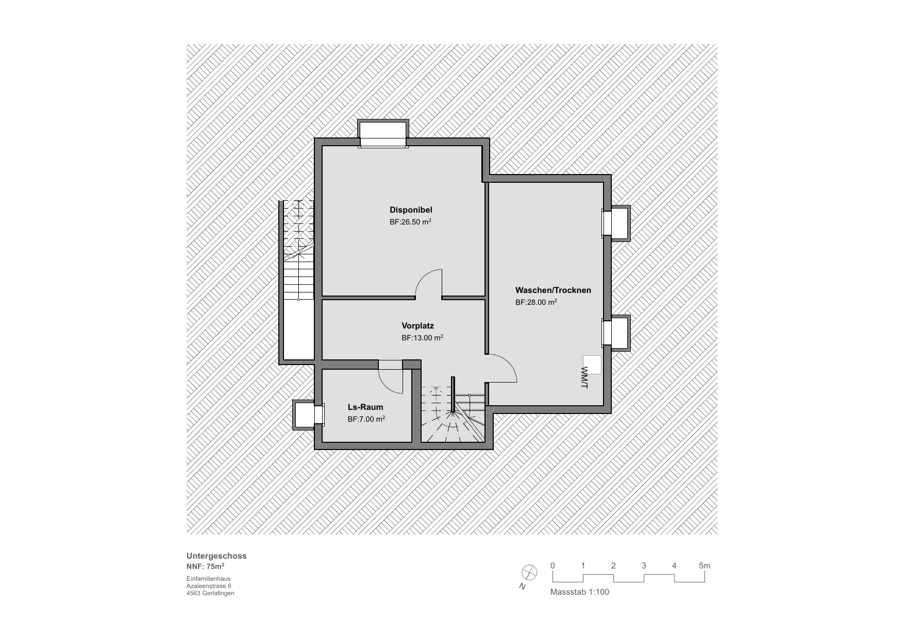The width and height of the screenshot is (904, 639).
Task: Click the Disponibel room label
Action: coord(411,210)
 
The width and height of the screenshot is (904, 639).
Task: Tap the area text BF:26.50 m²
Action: coord(410,222)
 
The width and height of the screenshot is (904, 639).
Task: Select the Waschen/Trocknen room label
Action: coord(553,290)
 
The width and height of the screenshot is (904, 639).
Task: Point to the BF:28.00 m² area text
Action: coord(536,302)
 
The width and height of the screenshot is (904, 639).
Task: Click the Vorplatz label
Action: coord(418,325)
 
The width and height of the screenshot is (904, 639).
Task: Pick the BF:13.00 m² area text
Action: coord(423,338)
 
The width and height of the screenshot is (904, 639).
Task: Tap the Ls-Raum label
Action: coord(365,407)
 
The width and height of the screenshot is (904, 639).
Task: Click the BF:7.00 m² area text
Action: coord(366,419)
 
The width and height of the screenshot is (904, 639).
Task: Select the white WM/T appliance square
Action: coord(592,365)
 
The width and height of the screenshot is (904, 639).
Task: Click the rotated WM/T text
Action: coord(584,377)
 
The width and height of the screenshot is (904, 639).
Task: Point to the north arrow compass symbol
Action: coord(529,573)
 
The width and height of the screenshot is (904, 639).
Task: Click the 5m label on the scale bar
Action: coord(705,565)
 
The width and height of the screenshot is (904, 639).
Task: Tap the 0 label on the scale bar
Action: coord(553,565)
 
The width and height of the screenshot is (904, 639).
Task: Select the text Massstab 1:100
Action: coord(580,592)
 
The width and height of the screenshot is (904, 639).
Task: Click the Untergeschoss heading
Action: coord(216,556)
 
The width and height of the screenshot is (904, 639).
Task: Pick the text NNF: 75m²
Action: coord(205,566)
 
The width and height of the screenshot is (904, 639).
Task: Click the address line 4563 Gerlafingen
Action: coord(210,593)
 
